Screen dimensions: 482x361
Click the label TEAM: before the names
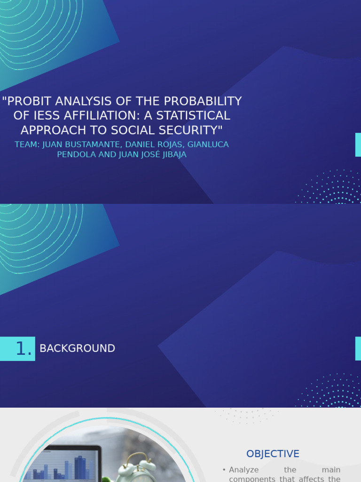point(27,145)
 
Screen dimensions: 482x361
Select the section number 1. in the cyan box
point(24,349)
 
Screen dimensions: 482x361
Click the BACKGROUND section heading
point(77,349)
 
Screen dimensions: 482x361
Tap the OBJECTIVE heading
point(273,454)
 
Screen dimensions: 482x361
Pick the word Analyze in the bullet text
point(244,470)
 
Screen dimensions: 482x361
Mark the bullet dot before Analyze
point(224,470)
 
